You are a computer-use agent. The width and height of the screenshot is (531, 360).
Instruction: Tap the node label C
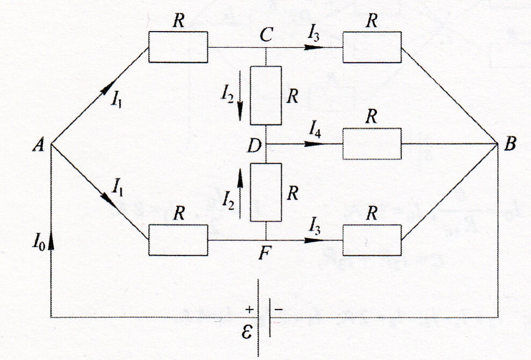[x=266, y=35]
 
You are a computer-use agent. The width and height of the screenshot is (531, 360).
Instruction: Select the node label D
[x=255, y=144]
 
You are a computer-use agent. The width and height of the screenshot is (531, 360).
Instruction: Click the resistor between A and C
[x=178, y=47]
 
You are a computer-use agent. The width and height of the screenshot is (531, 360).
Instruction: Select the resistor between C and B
[x=372, y=47]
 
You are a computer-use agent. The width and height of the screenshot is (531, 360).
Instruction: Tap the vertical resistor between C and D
[x=266, y=95]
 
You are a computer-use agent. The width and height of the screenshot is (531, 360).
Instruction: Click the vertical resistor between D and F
[x=266, y=192]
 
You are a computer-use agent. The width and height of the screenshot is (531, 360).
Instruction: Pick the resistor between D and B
[x=372, y=144]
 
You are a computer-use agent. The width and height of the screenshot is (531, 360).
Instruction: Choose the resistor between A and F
[x=178, y=240]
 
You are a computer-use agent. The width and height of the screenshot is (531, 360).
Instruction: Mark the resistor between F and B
[x=372, y=240]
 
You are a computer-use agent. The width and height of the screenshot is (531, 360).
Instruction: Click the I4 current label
[x=316, y=128]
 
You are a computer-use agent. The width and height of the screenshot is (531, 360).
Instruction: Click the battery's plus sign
[x=249, y=310]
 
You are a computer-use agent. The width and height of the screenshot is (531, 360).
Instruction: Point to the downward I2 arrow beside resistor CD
[x=239, y=105]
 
